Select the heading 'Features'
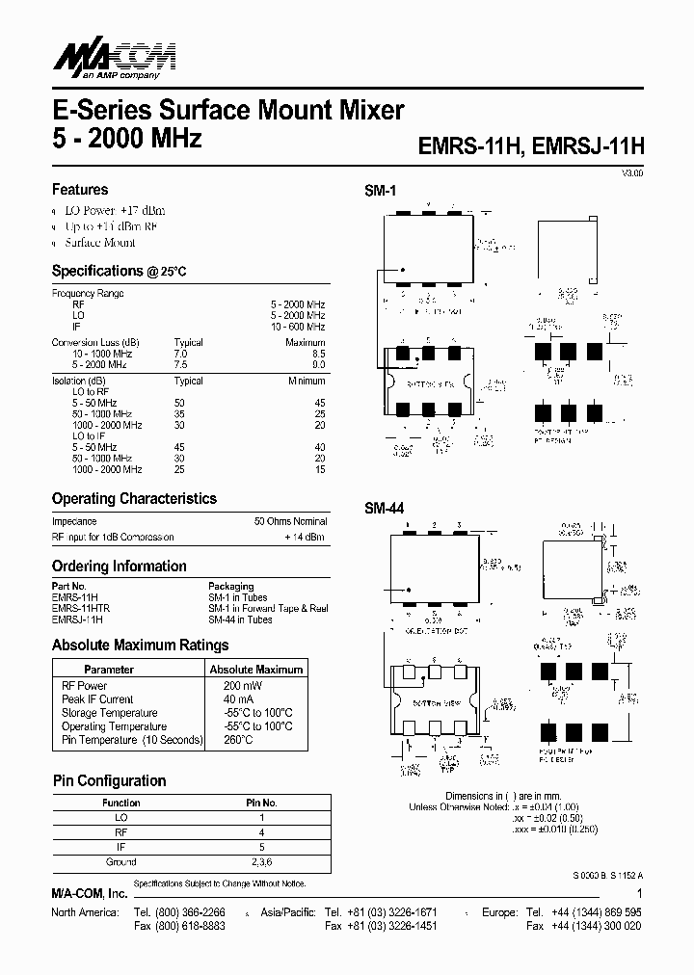79,190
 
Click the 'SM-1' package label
380,192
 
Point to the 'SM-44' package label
384,507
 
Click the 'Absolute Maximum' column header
255,669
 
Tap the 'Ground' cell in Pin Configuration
120,861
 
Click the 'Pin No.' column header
261,803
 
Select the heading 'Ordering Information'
119,567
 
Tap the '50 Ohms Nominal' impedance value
290,521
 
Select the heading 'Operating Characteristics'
134,499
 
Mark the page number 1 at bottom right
639,893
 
